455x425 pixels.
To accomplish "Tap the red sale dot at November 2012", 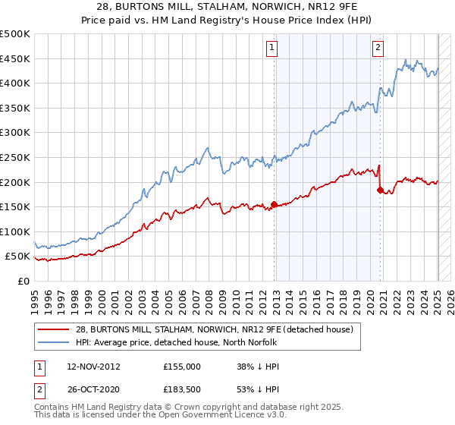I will click(274, 204).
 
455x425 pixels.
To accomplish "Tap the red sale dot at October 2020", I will click(380, 190).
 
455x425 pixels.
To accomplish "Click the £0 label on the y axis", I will click(24, 281).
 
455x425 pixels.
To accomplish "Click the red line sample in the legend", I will click(54, 329).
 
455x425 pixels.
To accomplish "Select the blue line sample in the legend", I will click(54, 342).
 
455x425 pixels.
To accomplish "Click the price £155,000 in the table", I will click(182, 366).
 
